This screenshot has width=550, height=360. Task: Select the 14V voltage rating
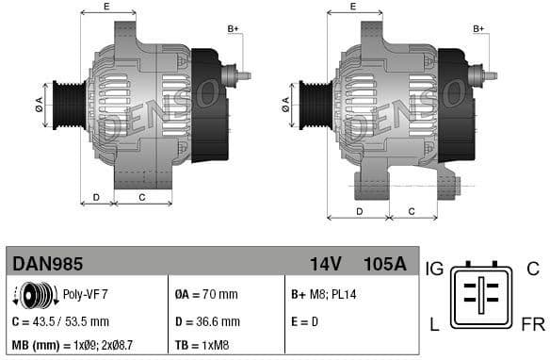pos(325,264)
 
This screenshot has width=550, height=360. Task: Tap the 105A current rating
pos(385,264)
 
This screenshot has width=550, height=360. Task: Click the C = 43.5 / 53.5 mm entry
pos(61,321)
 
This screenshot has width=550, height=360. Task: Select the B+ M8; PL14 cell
pos(322,295)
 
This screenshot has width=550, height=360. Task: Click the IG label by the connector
pos(434,270)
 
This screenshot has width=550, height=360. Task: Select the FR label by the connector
pos(532,325)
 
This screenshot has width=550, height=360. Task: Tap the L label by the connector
pos(434,325)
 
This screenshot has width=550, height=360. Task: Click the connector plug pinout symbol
pos(482,297)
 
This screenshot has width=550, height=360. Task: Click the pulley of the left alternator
pos(69,101)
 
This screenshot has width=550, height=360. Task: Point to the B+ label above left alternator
pos(234,29)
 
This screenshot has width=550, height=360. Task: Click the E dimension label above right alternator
pos(353,7)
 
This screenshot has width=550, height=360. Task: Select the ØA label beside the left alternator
pos(40,101)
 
